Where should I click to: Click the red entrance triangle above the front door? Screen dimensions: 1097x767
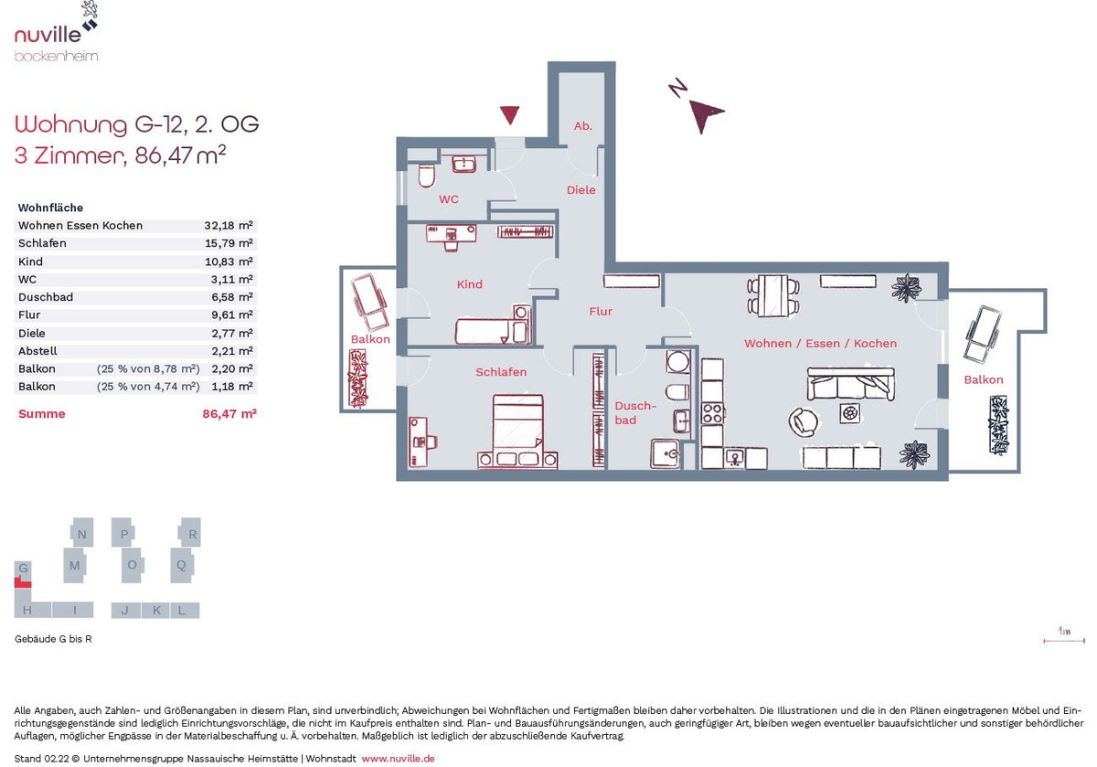pos(509,114)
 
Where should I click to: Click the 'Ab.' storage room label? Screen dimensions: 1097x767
pos(583,126)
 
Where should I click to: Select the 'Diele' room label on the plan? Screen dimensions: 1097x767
pos(580,190)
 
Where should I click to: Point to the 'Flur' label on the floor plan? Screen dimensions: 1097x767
pos(601,311)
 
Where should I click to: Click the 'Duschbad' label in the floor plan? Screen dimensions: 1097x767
pos(635,413)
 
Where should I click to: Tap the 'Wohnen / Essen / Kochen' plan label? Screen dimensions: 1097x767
pos(820,344)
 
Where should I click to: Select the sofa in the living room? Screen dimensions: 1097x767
pos(851,384)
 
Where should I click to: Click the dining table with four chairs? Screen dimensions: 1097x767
pos(773,296)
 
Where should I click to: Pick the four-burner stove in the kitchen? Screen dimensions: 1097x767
pos(712,413)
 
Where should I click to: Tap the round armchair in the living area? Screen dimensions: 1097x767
pos(803,421)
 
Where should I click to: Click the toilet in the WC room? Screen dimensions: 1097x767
pos(427,176)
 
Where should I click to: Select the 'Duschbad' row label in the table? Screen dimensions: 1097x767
pos(46,297)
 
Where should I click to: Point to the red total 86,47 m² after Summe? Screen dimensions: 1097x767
pos(229,413)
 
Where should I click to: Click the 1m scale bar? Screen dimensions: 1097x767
pos(1064,640)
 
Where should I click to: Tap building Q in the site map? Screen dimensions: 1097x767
pos(182,565)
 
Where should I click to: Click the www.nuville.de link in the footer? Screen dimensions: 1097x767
pos(399,758)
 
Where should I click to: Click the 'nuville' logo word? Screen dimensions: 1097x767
pos(48,35)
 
